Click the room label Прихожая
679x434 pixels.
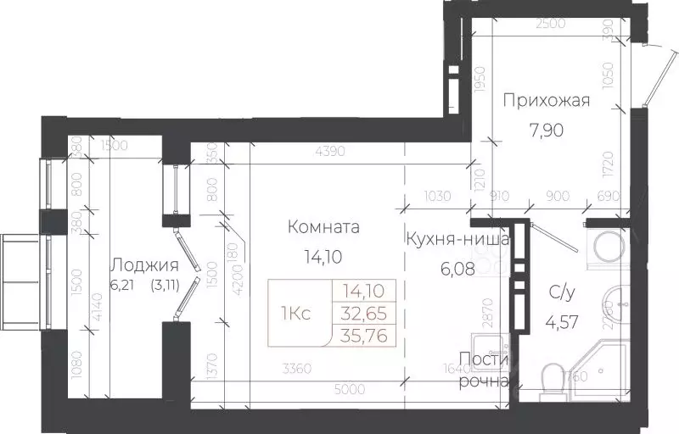pyautogui.click(x=545, y=102)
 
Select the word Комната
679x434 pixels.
pyautogui.click(x=323, y=227)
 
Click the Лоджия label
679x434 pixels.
pyautogui.click(x=144, y=264)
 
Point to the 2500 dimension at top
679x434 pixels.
pyautogui.click(x=550, y=24)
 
